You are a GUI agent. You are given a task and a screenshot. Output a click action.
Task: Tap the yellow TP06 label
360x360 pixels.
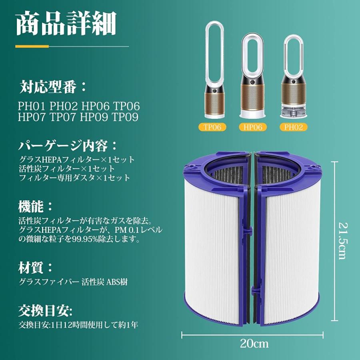pos(212,127)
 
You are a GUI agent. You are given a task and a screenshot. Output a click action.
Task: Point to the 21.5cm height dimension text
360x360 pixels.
pos(341,240)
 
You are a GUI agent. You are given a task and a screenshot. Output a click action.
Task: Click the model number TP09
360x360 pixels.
pos(125,117)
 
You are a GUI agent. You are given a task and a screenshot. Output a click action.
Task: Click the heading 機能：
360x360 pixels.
pos(35,206)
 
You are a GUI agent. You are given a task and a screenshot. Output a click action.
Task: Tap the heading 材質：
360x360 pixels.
pos(35,267)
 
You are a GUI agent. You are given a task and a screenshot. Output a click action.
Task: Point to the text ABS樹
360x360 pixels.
pos(117,282)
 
